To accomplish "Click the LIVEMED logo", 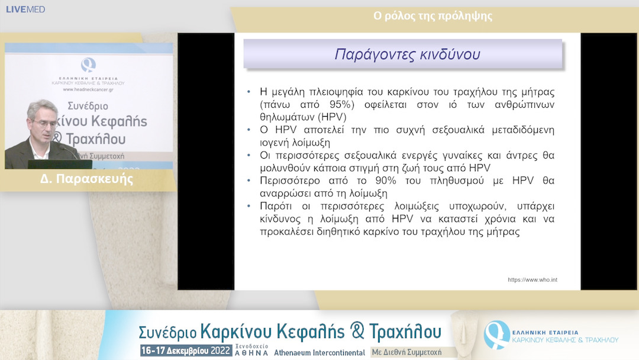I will pyautogui.click(x=25, y=9).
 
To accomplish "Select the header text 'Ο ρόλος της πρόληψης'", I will pyautogui.click(x=433, y=16).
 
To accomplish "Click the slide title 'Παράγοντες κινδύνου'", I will pyautogui.click(x=407, y=54).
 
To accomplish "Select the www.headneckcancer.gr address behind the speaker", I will pyautogui.click(x=89, y=90).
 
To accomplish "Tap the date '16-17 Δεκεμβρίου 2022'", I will pyautogui.click(x=185, y=351).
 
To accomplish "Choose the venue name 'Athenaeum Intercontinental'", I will pyautogui.click(x=319, y=352).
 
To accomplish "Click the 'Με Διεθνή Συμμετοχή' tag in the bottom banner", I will pyautogui.click(x=406, y=352).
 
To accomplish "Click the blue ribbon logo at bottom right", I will pyautogui.click(x=496, y=334).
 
